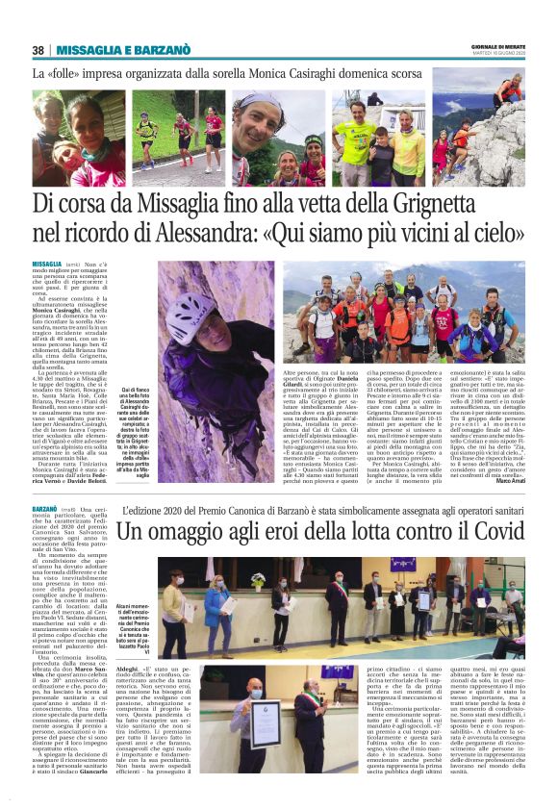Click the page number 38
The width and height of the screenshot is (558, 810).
(x=38, y=50)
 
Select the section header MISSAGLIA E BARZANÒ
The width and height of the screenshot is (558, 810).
(x=123, y=50)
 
